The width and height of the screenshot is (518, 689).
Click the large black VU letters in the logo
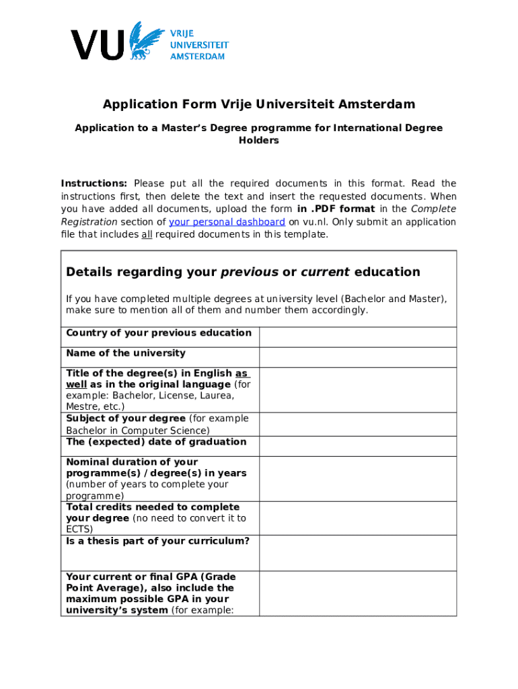(98, 45)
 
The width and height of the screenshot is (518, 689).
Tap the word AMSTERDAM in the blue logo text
(197, 57)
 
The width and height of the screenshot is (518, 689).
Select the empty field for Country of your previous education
(358, 337)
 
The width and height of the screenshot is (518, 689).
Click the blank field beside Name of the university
(358, 357)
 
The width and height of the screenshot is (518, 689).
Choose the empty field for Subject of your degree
(358, 425)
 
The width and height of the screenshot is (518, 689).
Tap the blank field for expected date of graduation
(358, 446)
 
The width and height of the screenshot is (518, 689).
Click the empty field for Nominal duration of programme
(358, 478)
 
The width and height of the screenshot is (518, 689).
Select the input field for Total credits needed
(358, 518)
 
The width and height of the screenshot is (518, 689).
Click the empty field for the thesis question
(358, 552)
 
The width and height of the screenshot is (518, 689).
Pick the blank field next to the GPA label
(358, 593)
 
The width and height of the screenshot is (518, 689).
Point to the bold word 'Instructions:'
(94, 184)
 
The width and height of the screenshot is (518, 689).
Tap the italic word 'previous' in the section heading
(250, 273)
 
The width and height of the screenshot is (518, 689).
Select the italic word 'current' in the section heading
(325, 273)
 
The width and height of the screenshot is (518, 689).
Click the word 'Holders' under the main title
(258, 141)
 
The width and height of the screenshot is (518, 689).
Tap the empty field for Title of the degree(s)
(358, 390)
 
